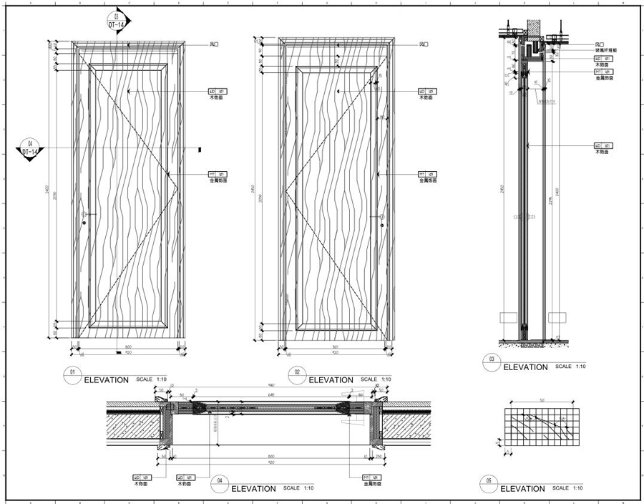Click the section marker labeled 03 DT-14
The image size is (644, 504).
point(115,21)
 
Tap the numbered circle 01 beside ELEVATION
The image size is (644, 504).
point(72,373)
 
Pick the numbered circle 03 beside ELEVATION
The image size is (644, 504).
point(492,361)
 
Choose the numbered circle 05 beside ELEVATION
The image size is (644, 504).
point(489,483)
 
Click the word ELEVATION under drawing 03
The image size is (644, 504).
point(526,367)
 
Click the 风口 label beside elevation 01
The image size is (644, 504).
point(213,44)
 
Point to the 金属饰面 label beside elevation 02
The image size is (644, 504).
point(429,181)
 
